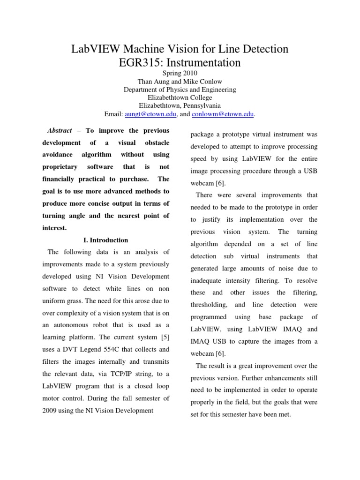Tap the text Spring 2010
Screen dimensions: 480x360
(x=180, y=73)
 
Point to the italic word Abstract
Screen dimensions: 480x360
(x=60, y=130)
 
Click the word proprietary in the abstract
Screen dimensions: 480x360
(x=58, y=167)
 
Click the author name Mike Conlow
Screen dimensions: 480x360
(x=204, y=82)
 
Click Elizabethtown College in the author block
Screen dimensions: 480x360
(x=180, y=98)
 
